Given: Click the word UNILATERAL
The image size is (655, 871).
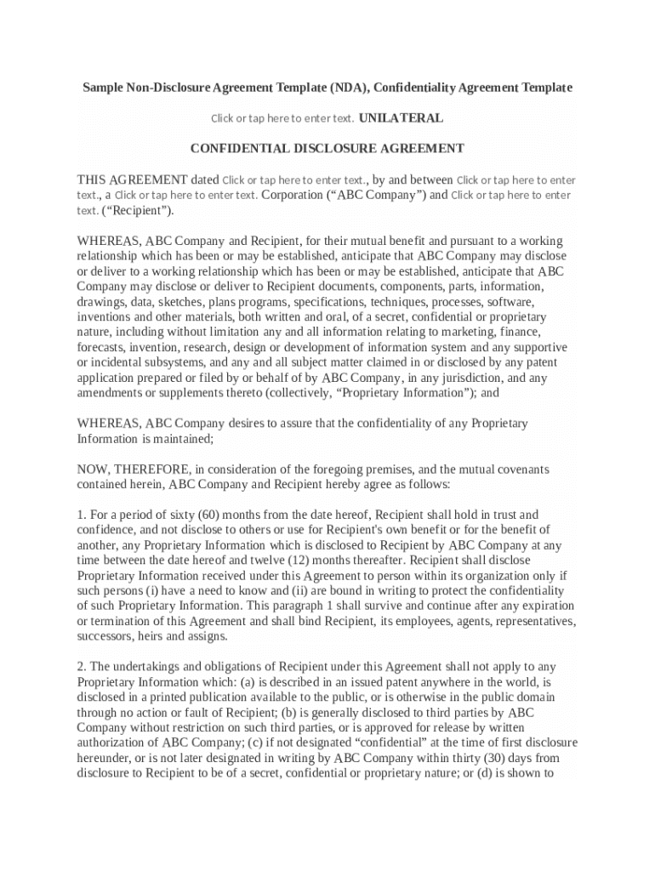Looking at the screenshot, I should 402,118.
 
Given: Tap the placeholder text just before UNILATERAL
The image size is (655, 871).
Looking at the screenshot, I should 282,119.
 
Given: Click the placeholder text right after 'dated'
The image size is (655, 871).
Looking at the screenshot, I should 293,180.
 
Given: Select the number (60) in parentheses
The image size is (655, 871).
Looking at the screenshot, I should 210,515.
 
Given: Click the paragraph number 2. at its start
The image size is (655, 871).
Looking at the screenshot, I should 82,667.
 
